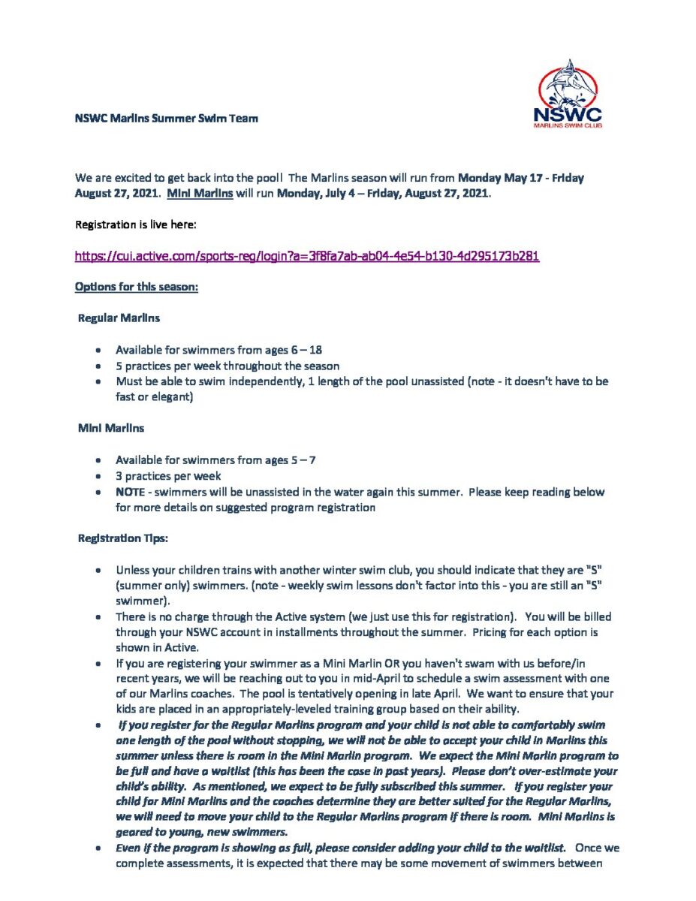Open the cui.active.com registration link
coord(307,256)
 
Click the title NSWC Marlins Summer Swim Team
coord(167,118)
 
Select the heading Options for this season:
coord(137,287)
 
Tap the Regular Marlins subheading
coord(119,318)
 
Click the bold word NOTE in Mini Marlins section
coord(129,492)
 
